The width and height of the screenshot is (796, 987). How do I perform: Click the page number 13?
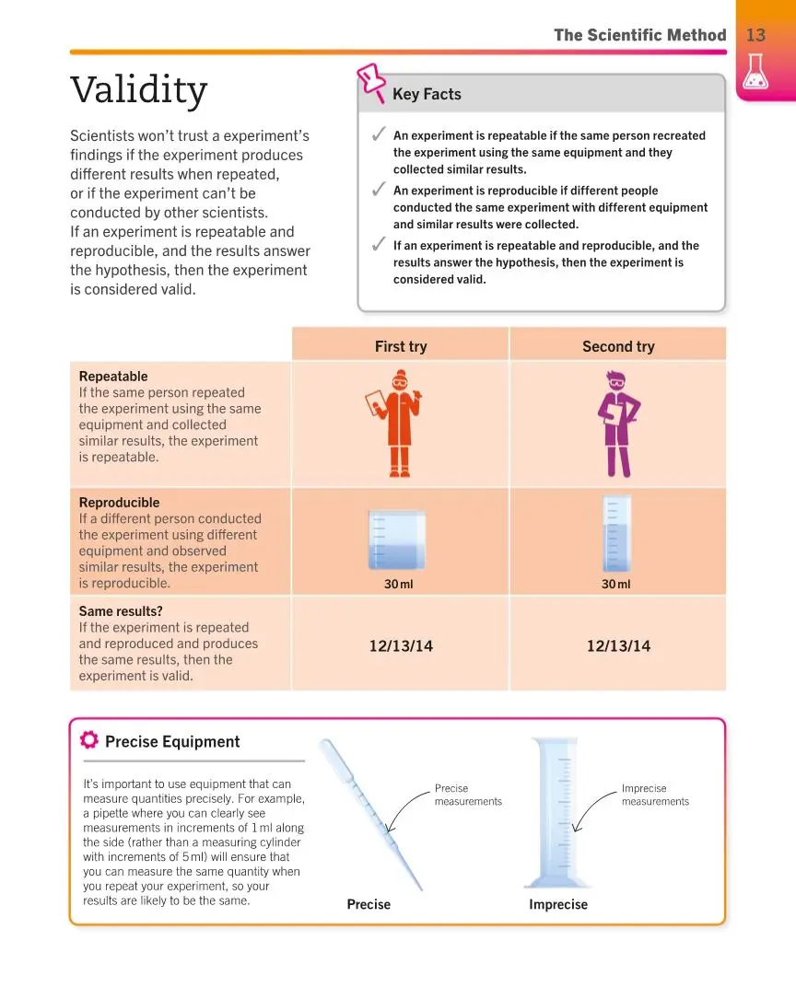coord(755,35)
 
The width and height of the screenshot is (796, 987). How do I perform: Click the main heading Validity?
coord(139,90)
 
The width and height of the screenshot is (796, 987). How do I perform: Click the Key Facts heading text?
coord(427,94)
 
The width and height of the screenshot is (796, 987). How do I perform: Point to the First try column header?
coord(401,346)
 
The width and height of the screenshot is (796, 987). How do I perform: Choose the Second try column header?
coord(618,346)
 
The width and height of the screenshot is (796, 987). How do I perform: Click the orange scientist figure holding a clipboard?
coord(398,424)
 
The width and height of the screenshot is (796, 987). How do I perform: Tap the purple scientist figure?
coord(617,424)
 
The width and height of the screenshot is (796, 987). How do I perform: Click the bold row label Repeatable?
coord(113,377)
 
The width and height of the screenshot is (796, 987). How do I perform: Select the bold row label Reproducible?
coord(119,503)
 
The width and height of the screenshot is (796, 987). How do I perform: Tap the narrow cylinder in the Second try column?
coord(616,535)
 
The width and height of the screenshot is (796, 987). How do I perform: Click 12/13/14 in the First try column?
coord(401,646)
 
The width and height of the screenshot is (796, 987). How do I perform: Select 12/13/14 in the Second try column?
coord(618,646)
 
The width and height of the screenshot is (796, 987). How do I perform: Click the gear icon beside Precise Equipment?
coord(89,740)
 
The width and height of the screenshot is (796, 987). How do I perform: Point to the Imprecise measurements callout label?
coord(655,795)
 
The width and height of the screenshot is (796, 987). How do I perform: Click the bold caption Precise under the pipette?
coord(369,904)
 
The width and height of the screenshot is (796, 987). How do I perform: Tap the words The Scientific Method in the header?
coord(639,35)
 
